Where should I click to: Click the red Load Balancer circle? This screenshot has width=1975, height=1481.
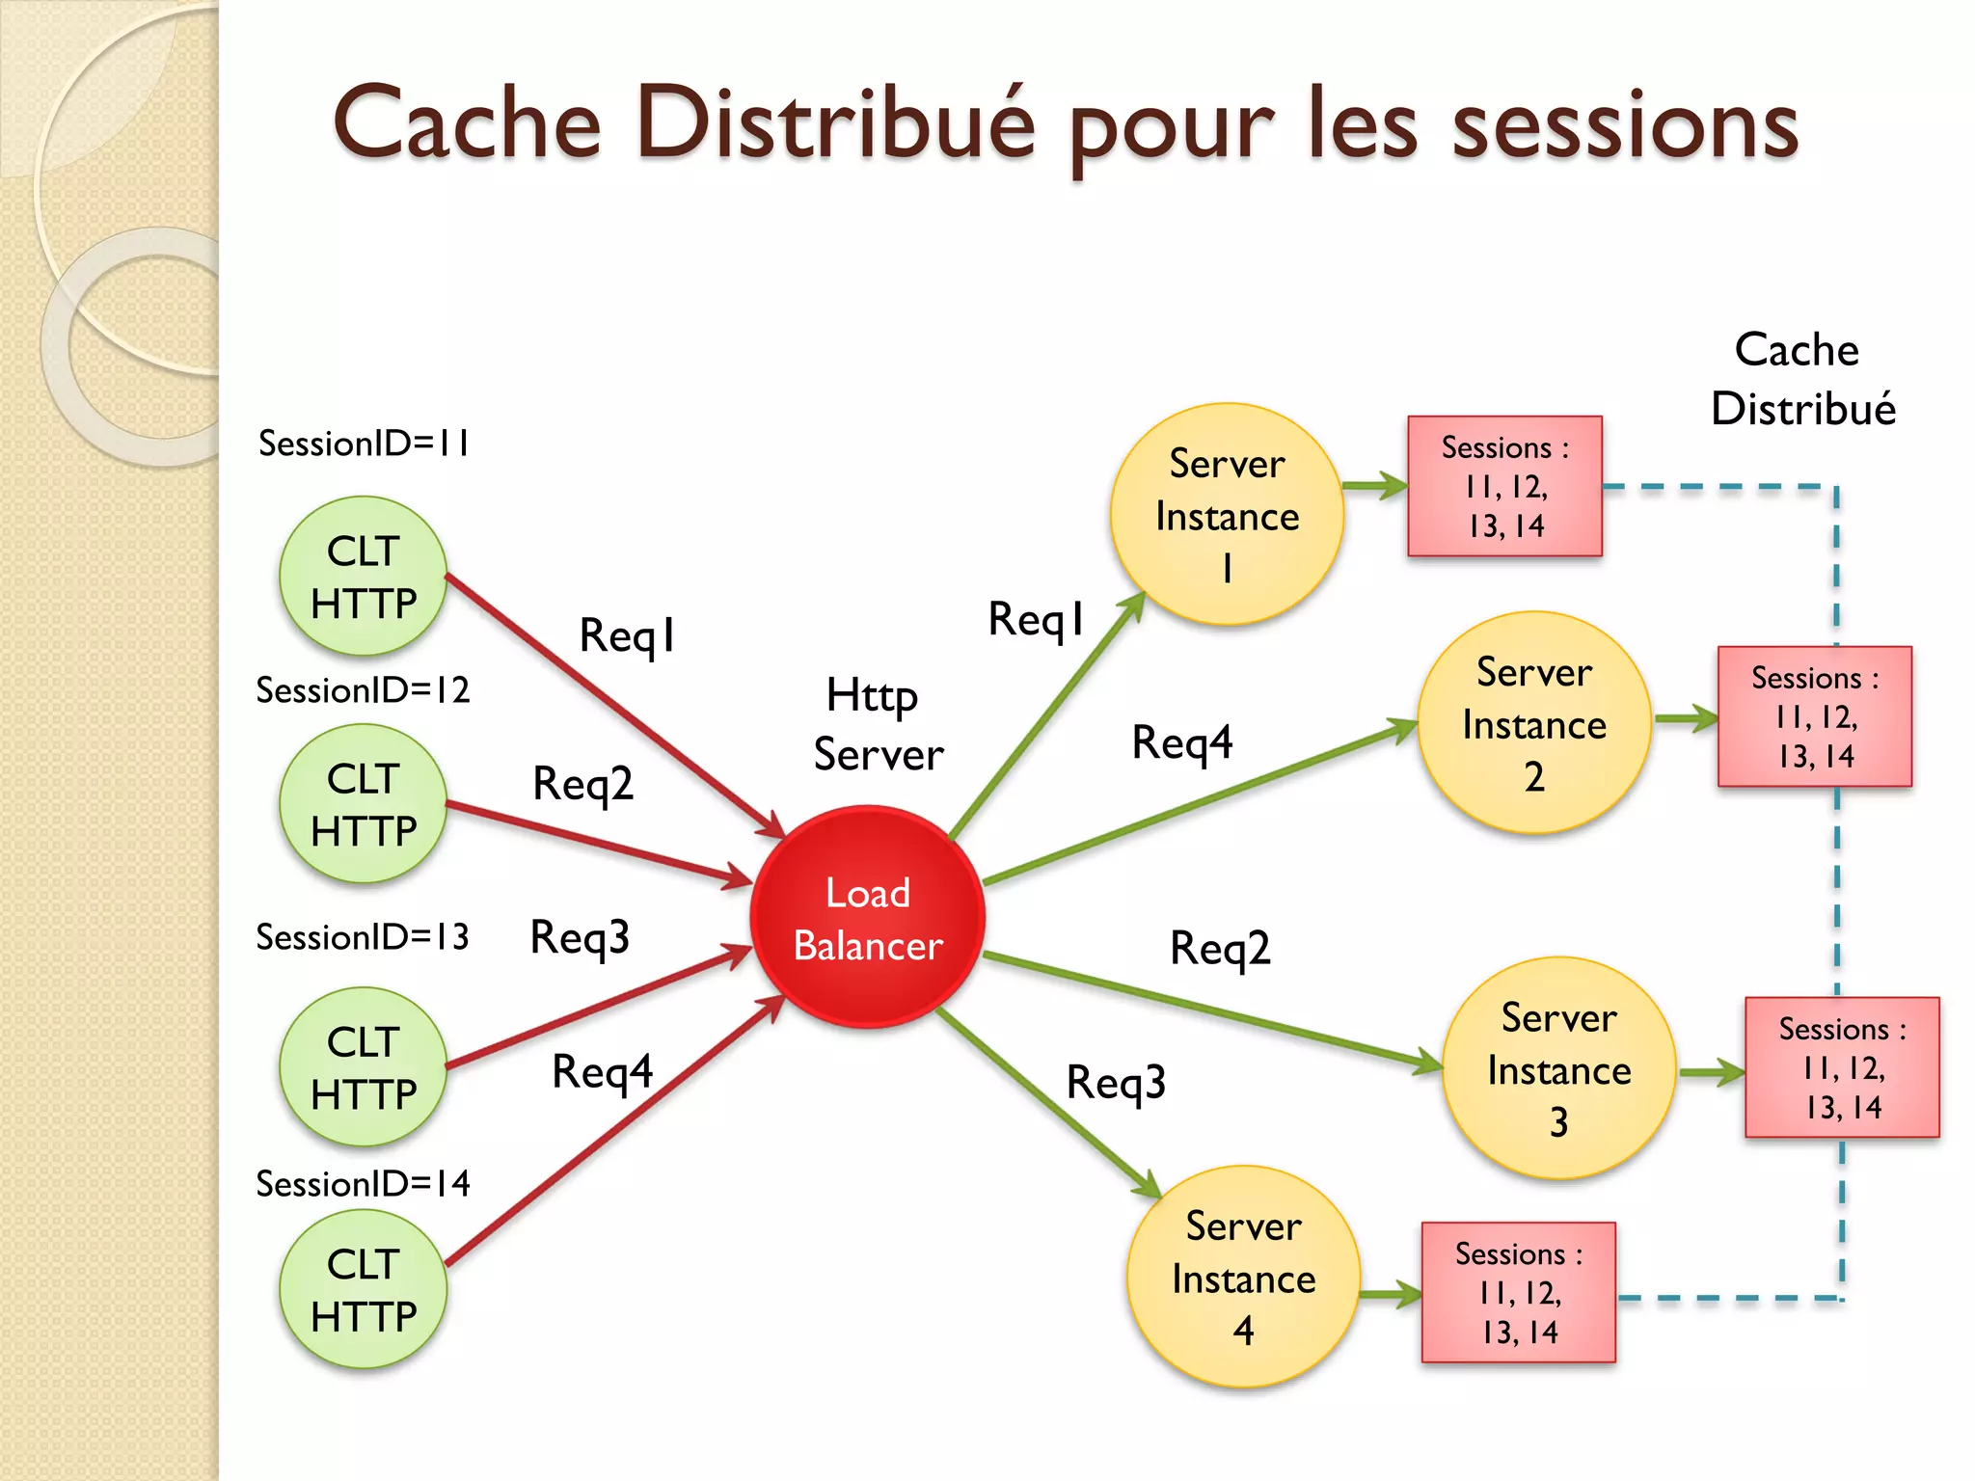click(867, 917)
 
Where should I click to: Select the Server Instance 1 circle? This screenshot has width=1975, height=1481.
click(1227, 514)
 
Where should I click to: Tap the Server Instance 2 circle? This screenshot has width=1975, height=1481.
click(1533, 722)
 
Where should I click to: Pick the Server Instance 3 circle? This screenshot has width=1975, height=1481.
click(1558, 1067)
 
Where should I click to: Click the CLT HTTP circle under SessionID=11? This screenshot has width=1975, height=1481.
click(363, 576)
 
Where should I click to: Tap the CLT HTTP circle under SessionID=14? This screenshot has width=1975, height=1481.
click(363, 1289)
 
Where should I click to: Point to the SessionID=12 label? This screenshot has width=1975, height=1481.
click(363, 690)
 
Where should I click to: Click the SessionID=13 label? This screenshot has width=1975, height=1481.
click(363, 937)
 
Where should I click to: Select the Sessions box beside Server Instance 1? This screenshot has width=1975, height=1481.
click(1504, 487)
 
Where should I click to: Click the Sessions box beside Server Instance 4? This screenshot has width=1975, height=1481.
click(1518, 1292)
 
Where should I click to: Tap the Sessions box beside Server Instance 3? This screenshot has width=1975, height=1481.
click(1841, 1067)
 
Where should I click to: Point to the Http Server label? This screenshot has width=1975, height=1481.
click(878, 725)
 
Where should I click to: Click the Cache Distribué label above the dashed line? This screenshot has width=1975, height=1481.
click(1801, 379)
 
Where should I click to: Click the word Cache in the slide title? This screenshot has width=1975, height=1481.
click(468, 123)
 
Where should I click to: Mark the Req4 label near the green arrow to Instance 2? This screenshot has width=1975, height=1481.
click(1181, 742)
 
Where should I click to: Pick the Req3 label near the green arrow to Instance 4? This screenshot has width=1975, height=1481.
click(1116, 1082)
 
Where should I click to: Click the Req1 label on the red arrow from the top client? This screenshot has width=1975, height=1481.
click(627, 635)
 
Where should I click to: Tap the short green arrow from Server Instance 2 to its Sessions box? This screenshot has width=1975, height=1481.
click(1685, 718)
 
